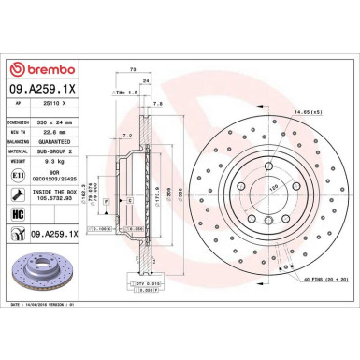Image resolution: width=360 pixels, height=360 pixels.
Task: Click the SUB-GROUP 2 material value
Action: click(64, 152)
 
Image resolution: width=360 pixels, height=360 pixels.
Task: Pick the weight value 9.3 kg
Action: click(56, 164)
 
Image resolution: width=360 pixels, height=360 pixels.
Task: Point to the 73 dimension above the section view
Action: click(134, 71)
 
